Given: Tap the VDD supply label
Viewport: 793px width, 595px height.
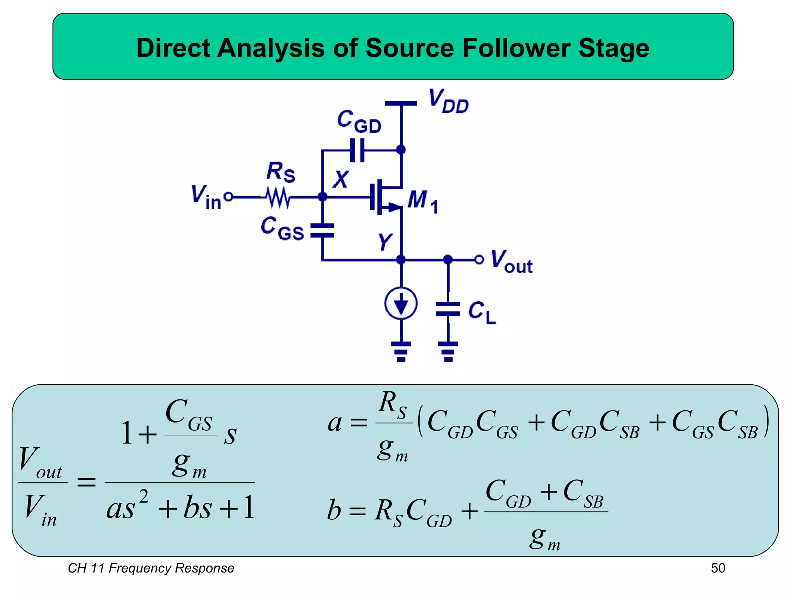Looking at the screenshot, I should tap(448, 101).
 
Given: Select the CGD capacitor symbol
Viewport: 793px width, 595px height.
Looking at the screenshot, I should tap(357, 150).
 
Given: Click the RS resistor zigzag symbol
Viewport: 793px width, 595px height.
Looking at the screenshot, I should tap(278, 197).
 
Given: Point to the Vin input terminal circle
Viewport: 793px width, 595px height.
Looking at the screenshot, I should tap(229, 197).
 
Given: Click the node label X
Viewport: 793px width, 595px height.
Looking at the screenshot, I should tap(341, 179).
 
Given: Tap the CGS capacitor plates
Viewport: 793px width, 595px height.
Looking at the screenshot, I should tap(322, 230).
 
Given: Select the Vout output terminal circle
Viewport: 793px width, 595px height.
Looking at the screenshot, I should tap(479, 259).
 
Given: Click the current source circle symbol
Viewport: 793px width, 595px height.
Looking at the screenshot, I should tap(401, 303).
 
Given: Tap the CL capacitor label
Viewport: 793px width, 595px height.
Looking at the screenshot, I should tap(481, 312).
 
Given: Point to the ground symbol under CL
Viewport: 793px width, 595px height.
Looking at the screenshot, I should tap(448, 351).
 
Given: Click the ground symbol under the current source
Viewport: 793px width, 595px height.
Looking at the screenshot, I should tap(401, 351).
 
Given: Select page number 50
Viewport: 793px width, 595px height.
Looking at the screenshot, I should tap(717, 568).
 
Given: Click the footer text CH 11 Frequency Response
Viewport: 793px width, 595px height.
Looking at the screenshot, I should tap(151, 568).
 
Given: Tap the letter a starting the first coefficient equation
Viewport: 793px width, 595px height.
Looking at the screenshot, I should tap(335, 423).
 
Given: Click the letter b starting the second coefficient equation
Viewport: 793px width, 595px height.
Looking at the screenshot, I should tap(334, 510).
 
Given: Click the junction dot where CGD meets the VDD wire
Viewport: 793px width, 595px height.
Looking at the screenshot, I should tap(401, 150).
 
